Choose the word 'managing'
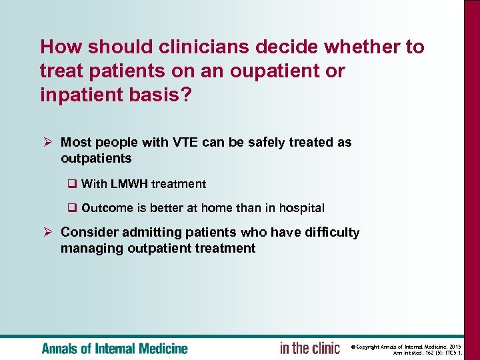[x=87, y=249]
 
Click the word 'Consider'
[x=86, y=233]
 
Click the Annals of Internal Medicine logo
[x=115, y=349]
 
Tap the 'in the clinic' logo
[x=309, y=348]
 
